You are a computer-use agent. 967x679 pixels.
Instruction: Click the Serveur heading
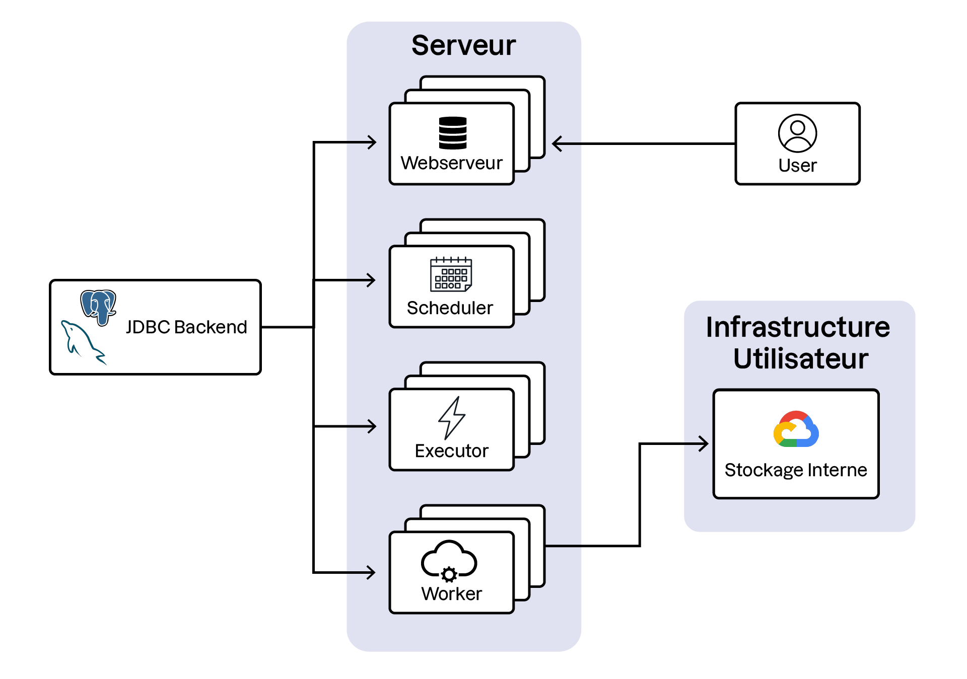coord(463,45)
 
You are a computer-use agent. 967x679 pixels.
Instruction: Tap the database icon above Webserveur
coord(452,133)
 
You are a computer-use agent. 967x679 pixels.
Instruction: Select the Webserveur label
coord(451,163)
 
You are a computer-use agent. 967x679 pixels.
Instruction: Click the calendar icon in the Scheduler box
coord(451,274)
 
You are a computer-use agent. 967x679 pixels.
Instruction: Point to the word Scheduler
coord(450,308)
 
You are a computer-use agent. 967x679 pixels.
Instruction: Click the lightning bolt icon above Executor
coord(451,418)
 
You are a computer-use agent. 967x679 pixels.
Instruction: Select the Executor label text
coord(451,450)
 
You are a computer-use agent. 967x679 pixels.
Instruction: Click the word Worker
coord(451,594)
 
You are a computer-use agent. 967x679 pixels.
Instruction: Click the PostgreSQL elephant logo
coord(99,306)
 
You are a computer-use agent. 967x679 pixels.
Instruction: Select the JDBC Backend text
coord(186,327)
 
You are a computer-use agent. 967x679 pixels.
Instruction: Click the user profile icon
coord(797,133)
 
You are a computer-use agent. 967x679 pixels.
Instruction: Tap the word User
coord(797,166)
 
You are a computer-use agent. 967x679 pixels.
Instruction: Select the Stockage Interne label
coord(796,470)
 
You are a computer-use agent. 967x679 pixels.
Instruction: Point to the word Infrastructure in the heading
coord(798,327)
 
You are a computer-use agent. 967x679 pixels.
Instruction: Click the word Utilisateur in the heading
coord(801,358)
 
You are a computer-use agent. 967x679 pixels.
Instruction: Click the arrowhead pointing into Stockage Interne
coord(704,443)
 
